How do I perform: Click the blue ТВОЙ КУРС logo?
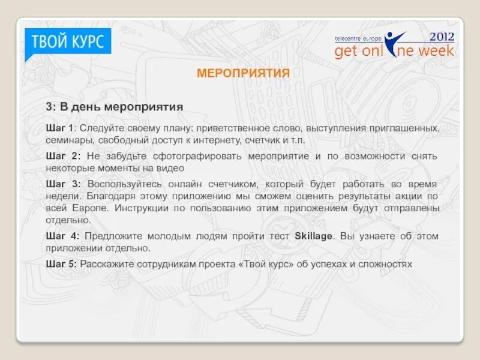(x=67, y=42)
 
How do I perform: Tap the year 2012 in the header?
(x=442, y=36)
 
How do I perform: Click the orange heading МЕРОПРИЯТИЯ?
(x=243, y=73)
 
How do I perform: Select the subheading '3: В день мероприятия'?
(x=114, y=107)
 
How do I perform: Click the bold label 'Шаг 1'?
(x=60, y=128)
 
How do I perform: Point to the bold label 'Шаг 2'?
(x=60, y=156)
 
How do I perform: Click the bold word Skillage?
(x=313, y=236)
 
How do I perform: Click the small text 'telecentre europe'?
(x=358, y=38)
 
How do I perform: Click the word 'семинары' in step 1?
(x=67, y=140)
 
